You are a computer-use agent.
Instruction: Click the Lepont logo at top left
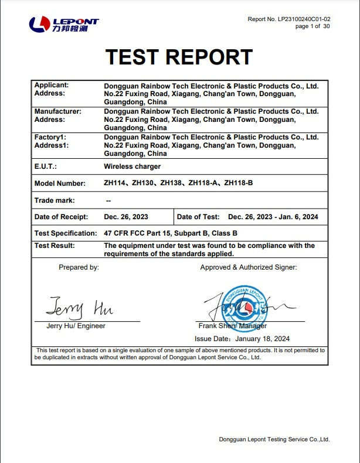point(64,24)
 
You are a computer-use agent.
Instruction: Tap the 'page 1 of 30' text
point(312,26)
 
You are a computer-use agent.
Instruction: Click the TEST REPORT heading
point(179,57)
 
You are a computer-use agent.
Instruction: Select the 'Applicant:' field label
point(52,86)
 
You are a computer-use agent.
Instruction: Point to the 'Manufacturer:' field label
point(58,111)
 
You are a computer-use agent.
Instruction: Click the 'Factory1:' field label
point(50,137)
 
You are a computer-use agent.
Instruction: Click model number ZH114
point(115,183)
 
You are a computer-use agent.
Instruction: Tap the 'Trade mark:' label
point(55,200)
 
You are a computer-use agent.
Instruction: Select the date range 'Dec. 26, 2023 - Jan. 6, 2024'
point(273,217)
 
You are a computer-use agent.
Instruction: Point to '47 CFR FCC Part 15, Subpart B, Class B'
point(171,233)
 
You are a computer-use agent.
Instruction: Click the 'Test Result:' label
point(55,246)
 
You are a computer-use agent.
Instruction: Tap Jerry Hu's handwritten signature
point(80,307)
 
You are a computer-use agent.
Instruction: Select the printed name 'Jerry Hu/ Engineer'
point(76,326)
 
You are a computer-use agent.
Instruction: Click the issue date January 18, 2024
point(262,339)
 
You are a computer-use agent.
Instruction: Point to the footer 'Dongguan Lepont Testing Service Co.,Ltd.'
point(274,439)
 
